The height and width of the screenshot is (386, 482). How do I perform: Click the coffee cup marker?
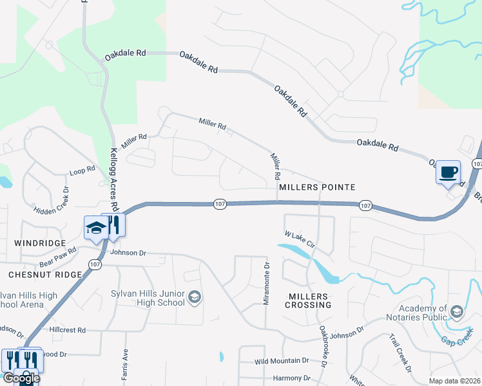[448, 172]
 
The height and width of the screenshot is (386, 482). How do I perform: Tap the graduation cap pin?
[95, 228]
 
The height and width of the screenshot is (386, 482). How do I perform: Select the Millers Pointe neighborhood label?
[317, 187]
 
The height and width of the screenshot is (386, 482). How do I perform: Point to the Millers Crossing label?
[308, 300]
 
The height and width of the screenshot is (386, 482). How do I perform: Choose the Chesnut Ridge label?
[45, 275]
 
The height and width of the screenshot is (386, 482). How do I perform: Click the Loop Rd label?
[82, 170]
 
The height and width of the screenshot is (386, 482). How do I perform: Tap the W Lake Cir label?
[300, 239]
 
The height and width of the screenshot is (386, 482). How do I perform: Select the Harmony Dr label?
[292, 378]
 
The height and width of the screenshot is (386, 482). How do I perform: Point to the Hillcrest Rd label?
[68, 329]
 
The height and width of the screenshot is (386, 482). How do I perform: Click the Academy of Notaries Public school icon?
[457, 313]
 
